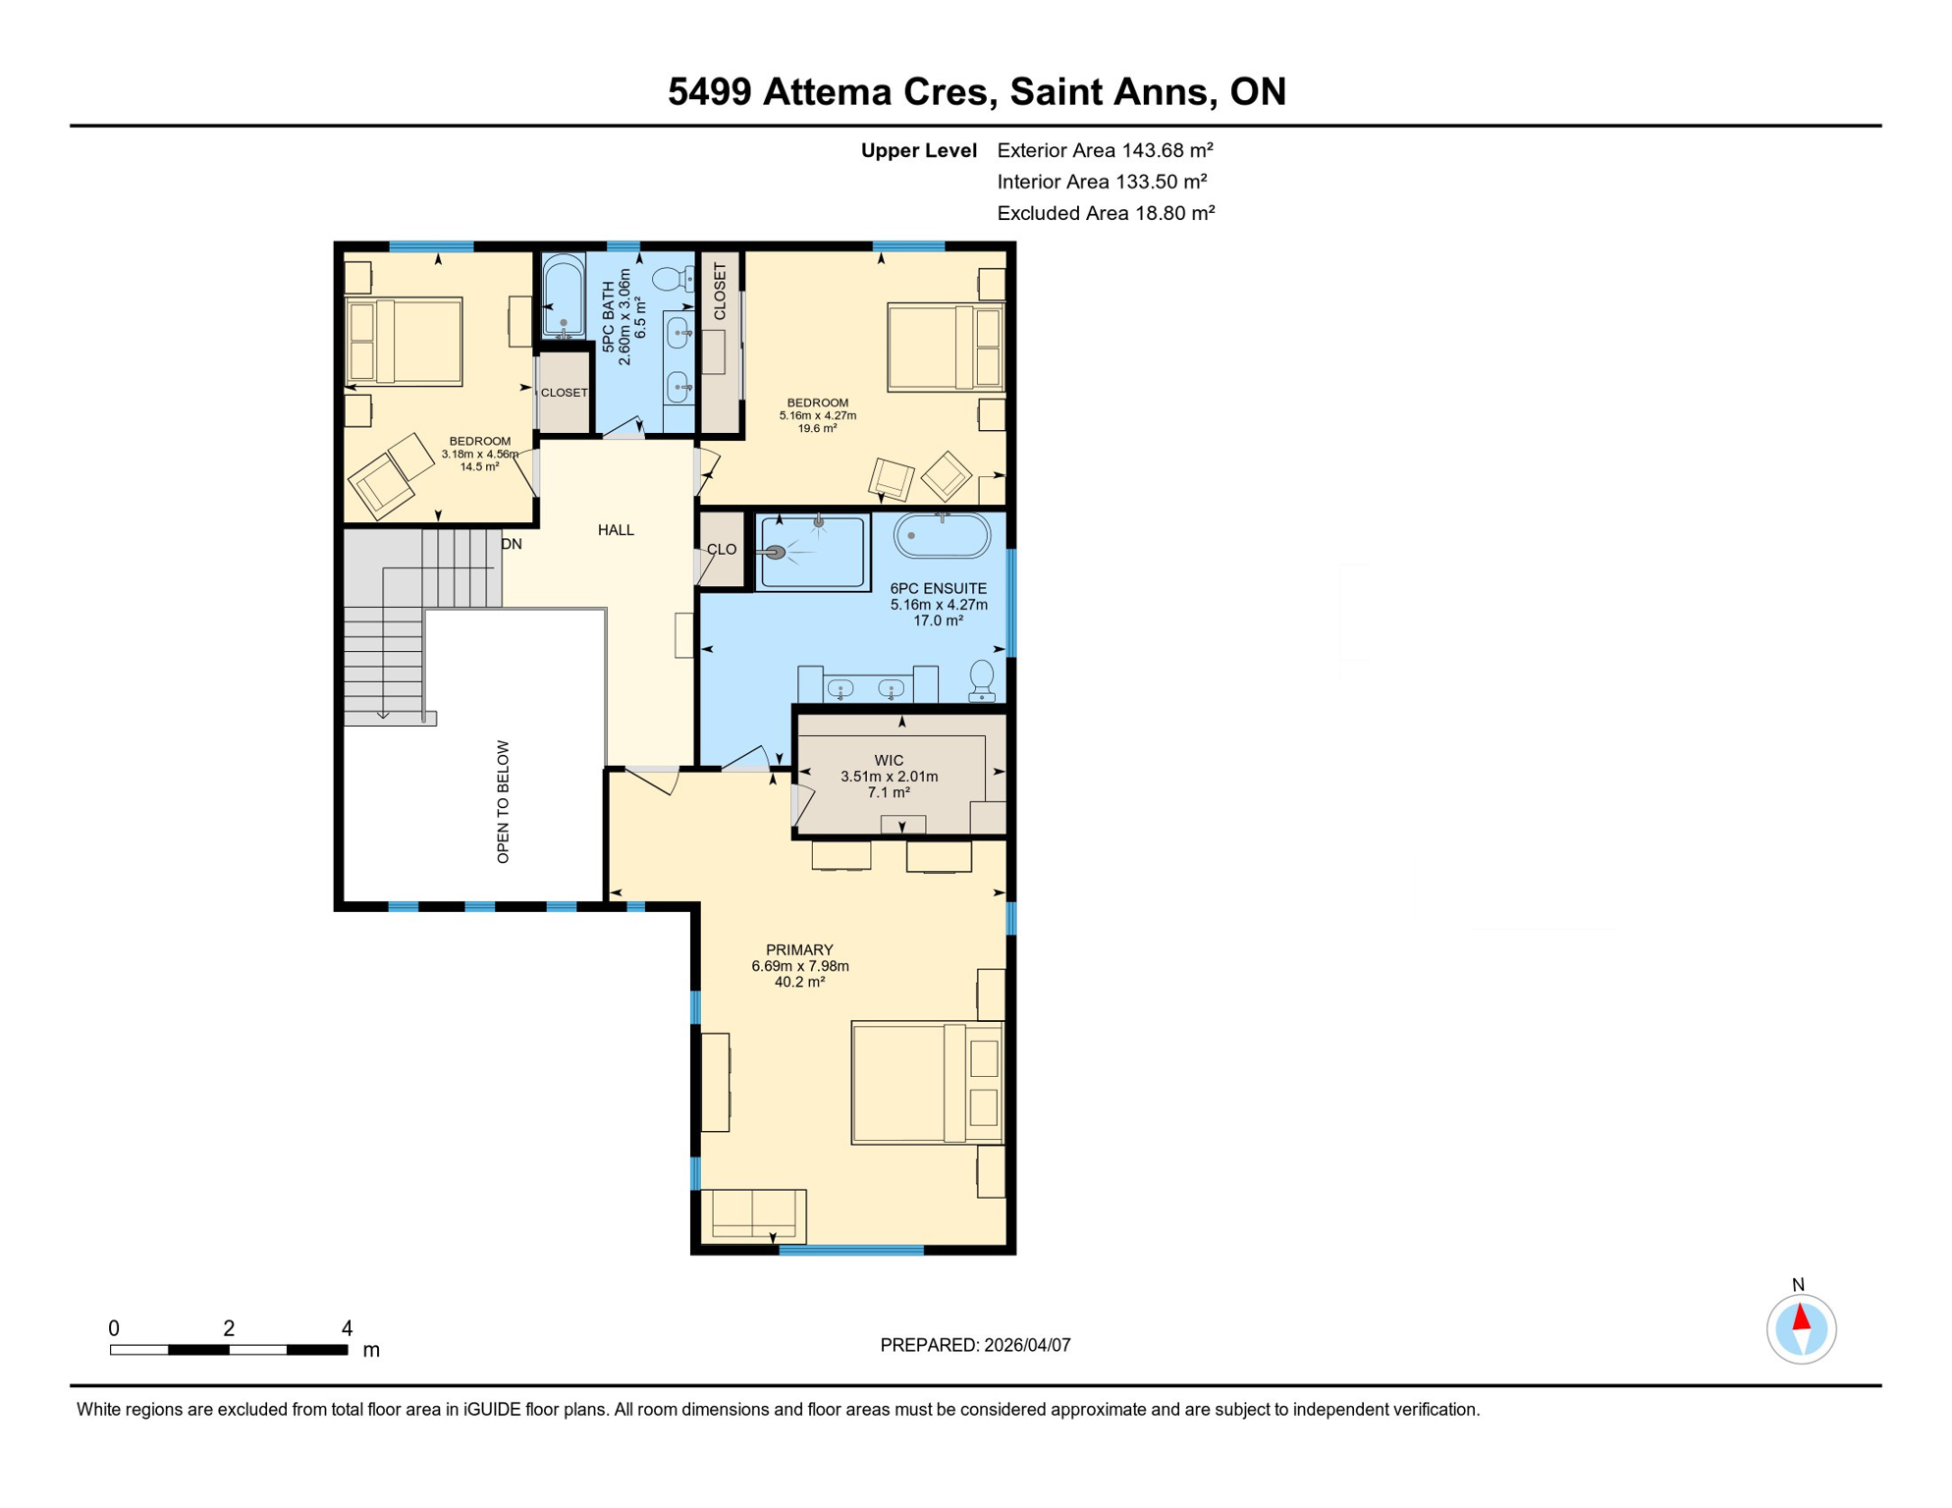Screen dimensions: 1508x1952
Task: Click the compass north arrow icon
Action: tap(1801, 1329)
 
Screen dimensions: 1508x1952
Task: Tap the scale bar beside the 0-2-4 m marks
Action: tap(228, 1350)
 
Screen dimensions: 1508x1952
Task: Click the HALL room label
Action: tap(616, 530)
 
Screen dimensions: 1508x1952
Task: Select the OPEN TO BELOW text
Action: tap(503, 801)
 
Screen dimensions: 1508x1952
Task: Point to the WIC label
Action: tap(889, 760)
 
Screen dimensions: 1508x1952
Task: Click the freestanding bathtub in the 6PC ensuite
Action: tap(942, 536)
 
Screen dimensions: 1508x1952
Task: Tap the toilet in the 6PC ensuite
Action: tap(981, 680)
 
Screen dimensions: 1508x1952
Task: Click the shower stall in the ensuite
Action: tap(813, 553)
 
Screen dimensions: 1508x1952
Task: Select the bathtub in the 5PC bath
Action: tap(564, 296)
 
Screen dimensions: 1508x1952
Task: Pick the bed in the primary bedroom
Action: tap(926, 1082)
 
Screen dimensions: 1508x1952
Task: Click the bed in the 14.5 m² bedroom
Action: tap(405, 341)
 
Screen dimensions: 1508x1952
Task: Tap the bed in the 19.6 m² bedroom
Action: tap(945, 348)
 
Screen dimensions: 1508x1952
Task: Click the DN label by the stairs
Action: tap(511, 544)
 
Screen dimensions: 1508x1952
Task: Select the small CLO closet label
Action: tap(722, 550)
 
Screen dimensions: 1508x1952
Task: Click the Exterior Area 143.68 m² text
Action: tap(1105, 150)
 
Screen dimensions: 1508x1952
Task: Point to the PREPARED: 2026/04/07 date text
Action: tap(975, 1345)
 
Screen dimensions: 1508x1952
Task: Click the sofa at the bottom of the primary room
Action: tap(753, 1215)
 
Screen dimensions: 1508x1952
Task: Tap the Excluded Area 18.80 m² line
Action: tap(1106, 213)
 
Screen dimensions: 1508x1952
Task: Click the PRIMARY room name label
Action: tap(799, 949)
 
